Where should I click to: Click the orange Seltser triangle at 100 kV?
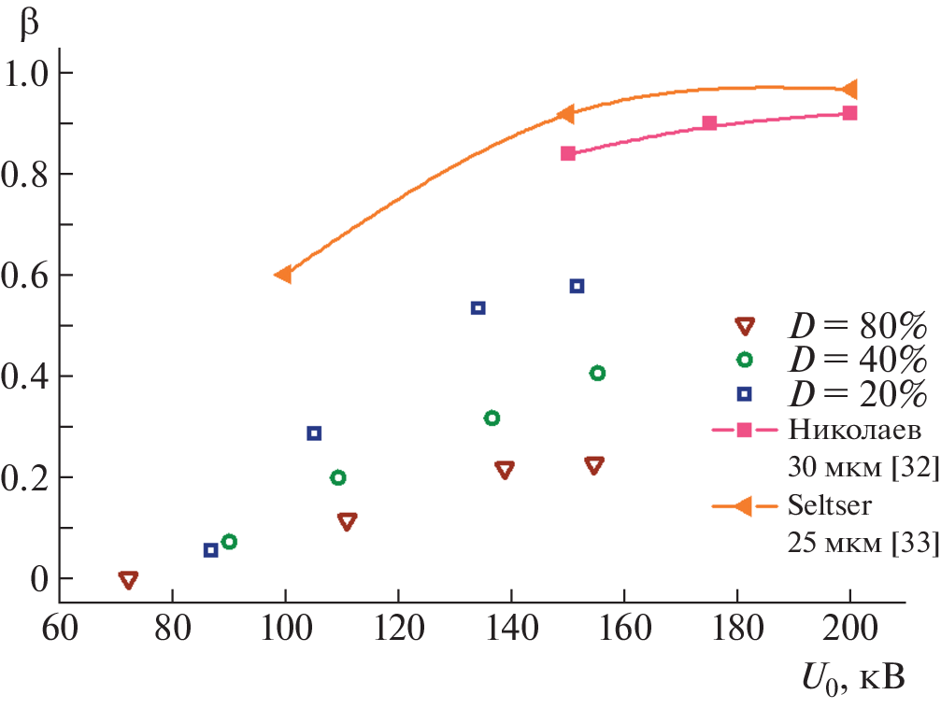pos(283,275)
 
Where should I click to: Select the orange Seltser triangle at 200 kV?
pos(849,90)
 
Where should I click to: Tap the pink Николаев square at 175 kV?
pos(709,123)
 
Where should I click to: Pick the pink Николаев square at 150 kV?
pos(567,153)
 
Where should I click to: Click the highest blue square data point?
pos(577,286)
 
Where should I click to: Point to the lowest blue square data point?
pos(210,550)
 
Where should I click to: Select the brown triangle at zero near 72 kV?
pos(129,580)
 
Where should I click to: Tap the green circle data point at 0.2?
pos(338,478)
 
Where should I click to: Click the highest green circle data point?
pos(597,374)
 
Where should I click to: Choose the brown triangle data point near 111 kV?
pos(347,521)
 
